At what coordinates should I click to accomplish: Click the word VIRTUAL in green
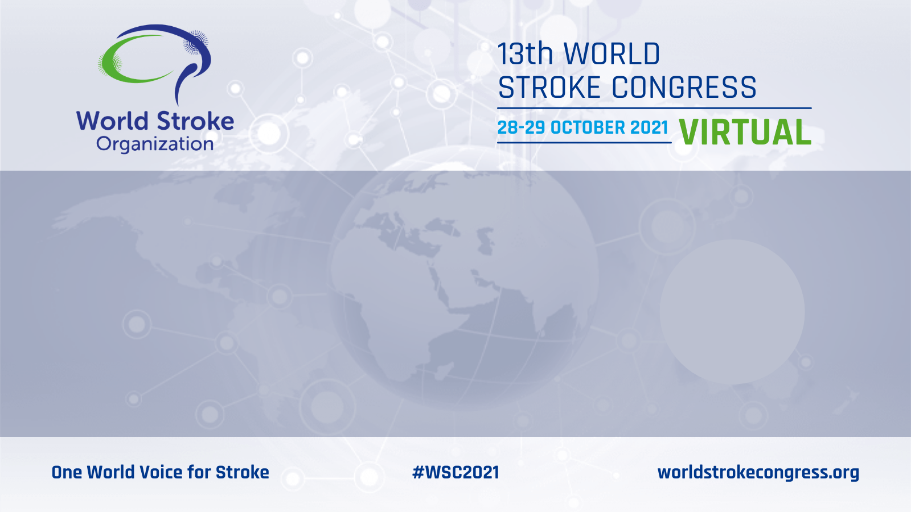[x=745, y=133]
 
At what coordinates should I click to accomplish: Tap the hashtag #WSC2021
[x=455, y=472]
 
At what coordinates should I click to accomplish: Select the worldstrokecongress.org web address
[x=758, y=473]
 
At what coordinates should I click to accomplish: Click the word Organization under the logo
[x=154, y=144]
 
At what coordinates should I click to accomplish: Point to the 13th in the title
[x=524, y=54]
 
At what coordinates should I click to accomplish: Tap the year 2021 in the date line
[x=649, y=127]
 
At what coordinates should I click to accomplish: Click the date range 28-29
[x=522, y=127]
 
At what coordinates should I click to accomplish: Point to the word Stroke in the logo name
[x=195, y=121]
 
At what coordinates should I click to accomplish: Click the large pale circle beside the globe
[x=732, y=312]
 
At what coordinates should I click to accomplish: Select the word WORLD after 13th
[x=612, y=54]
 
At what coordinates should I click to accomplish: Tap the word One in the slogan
[x=67, y=472]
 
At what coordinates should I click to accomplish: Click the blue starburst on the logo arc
[x=196, y=43]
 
